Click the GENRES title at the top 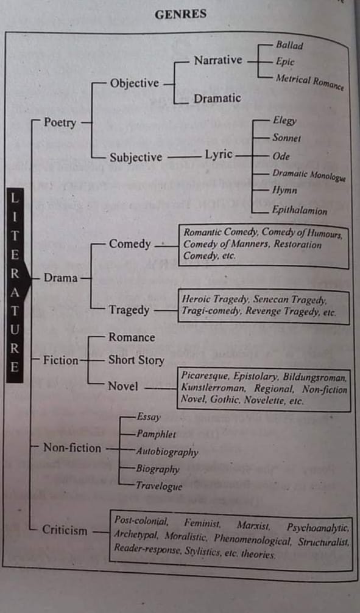coord(180,15)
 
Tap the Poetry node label coord(60,122)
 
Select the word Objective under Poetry coord(134,83)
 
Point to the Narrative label coord(218,60)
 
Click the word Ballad coord(289,45)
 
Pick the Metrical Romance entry coord(309,82)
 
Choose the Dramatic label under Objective coord(217,98)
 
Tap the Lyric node coord(219,155)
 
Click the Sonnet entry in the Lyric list coord(287,138)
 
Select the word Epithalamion coord(300,211)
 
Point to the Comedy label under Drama coord(130,244)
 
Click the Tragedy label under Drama coord(129,310)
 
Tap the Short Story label coord(136,360)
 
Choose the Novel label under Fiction coord(123,387)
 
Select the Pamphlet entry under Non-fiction coord(156,435)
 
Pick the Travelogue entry coord(159,486)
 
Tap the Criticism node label coord(65,530)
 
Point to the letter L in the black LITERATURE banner coord(15,198)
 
